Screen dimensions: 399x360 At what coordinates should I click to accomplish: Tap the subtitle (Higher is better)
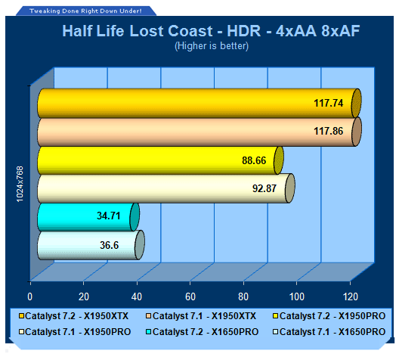[x=212, y=46]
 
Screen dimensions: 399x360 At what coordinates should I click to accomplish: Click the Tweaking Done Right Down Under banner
[x=85, y=11]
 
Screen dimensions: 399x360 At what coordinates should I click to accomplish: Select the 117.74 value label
[x=328, y=103]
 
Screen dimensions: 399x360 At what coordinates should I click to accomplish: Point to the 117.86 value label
[x=328, y=131]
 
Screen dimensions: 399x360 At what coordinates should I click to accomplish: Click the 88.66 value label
[x=254, y=160]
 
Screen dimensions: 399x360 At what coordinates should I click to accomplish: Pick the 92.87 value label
[x=264, y=188]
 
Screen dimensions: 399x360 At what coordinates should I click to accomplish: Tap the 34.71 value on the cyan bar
[x=108, y=216]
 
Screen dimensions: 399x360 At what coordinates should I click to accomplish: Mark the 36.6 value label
[x=109, y=245]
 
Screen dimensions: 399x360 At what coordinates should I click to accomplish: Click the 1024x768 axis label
[x=20, y=184]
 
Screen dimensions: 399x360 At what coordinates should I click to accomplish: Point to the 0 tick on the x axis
[x=30, y=297]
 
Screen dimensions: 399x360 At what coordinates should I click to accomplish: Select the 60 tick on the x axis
[x=190, y=297]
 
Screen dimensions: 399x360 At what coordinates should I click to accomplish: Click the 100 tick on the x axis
[x=297, y=297]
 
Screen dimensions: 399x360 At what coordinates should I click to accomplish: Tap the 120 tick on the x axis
[x=351, y=297]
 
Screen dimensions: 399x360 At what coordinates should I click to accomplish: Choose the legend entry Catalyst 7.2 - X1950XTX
[x=74, y=316]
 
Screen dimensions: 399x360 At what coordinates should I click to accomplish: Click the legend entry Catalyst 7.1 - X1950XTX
[x=201, y=316]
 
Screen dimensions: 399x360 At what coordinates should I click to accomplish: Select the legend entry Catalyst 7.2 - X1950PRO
[x=329, y=316]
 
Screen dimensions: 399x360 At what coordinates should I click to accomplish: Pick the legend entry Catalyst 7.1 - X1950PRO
[x=75, y=332]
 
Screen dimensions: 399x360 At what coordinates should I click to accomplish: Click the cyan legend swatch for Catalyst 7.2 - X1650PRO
[x=149, y=332]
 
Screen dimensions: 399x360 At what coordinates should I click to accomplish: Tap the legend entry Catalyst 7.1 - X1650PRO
[x=329, y=332]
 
